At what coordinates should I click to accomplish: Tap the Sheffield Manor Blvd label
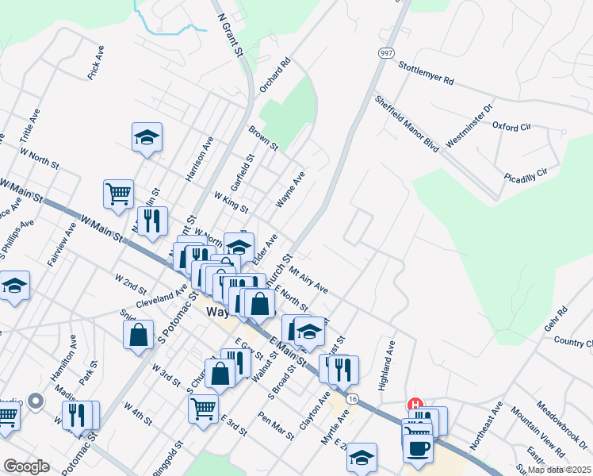407,125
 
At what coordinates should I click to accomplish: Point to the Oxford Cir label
511,127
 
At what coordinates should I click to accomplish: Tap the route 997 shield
385,52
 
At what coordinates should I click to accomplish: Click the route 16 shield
352,397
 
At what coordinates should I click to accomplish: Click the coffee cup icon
418,446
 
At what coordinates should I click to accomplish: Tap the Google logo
27,466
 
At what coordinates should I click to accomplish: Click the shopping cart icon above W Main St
118,194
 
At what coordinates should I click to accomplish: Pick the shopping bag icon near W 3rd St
138,334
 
